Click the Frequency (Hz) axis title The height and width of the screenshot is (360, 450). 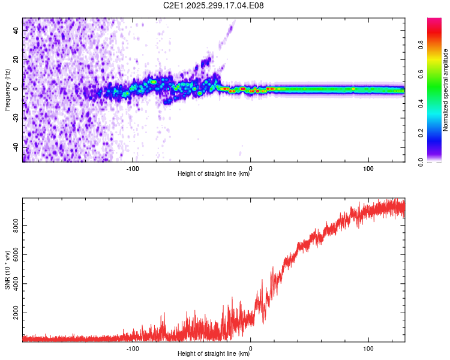point(7,90)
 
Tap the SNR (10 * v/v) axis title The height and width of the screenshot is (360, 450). point(7,271)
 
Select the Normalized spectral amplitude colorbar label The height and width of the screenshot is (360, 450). point(446,90)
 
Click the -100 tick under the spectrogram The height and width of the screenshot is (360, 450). point(133,169)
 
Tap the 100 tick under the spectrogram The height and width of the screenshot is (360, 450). point(368,169)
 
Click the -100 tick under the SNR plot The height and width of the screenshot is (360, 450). point(133,348)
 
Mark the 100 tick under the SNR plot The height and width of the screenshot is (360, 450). point(368,348)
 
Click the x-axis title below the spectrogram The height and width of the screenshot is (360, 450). point(214,175)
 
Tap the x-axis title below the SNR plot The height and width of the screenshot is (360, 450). point(214,354)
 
